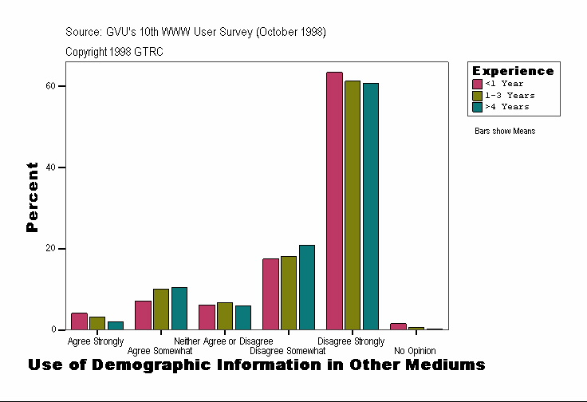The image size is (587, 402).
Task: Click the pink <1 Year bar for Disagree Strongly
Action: tap(334, 201)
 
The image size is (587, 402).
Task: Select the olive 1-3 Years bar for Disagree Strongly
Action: tap(353, 205)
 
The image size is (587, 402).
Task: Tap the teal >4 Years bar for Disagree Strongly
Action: tap(371, 207)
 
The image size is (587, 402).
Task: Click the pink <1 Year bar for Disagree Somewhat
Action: tap(270, 294)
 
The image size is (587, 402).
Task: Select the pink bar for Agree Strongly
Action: tap(79, 321)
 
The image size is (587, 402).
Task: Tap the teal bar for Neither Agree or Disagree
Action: tap(243, 317)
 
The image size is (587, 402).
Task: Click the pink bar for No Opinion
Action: tap(398, 326)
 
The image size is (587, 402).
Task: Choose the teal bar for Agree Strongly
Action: tap(116, 325)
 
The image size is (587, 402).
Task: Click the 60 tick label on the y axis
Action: tap(50, 85)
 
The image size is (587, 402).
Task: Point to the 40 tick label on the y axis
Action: tap(50, 167)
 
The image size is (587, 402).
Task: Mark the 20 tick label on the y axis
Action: tap(50, 249)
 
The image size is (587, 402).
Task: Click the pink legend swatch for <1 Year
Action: tap(477, 84)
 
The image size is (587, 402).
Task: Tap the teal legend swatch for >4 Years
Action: tap(477, 106)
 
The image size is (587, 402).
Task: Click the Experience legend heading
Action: tap(513, 71)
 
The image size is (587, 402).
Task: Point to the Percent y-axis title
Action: tap(32, 197)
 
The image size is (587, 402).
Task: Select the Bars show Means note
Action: tap(505, 131)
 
